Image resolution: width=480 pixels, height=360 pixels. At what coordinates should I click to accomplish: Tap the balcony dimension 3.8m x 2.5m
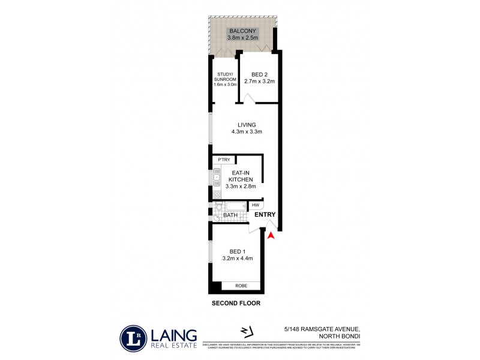coord(242,38)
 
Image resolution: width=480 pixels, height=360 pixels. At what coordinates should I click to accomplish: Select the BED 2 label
coord(259,74)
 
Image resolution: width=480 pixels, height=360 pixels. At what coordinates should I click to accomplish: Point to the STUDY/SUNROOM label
coord(225,79)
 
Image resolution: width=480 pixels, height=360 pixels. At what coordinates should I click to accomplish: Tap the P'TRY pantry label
coord(224,160)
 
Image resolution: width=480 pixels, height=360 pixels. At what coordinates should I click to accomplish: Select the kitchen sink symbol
coord(216,178)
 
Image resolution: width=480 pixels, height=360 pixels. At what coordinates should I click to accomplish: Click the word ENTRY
coord(265,215)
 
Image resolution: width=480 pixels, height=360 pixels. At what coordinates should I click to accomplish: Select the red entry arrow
coord(271,236)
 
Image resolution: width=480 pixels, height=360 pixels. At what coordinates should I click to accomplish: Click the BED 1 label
coord(238,251)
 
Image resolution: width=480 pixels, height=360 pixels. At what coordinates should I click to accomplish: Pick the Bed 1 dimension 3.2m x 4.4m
coord(238,259)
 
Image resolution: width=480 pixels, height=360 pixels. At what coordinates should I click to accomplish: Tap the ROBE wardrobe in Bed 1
coord(241,286)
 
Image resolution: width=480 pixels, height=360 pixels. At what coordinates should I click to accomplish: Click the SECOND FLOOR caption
coord(236,304)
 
